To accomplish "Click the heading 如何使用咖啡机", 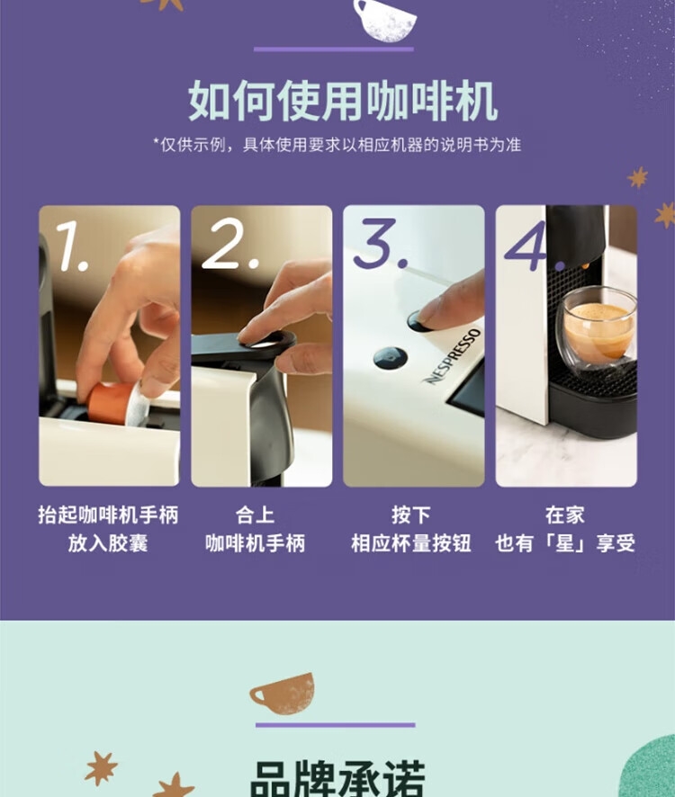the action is click(342, 101).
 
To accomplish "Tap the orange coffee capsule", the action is click(117, 404).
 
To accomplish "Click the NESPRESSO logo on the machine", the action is click(452, 356).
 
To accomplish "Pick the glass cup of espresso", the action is click(596, 327).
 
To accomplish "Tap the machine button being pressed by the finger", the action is click(418, 321).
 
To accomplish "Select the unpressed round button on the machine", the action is click(390, 358).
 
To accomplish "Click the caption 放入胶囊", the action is click(108, 543).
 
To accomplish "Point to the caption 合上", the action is click(255, 515).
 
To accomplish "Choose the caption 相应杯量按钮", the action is click(411, 543).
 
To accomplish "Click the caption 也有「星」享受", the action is click(565, 543).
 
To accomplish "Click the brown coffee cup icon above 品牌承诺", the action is click(283, 694).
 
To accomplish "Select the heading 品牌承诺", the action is click(337, 779).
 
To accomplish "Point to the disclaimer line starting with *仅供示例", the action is click(337, 145).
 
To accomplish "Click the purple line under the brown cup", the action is click(335, 725).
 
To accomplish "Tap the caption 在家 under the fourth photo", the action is click(564, 515).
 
